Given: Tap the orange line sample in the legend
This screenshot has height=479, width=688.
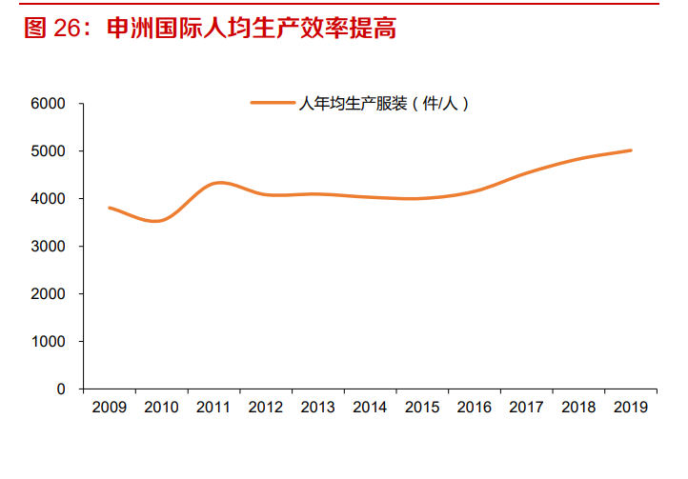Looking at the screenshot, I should (x=273, y=104).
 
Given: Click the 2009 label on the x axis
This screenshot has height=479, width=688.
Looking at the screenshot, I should (x=110, y=408).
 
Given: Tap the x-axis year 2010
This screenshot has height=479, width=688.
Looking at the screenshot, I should (x=161, y=408).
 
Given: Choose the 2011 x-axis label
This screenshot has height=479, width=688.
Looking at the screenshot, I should (x=213, y=408).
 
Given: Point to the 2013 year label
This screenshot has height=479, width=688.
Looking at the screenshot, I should (x=317, y=408).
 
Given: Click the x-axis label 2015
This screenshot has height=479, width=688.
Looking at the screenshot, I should (x=421, y=408).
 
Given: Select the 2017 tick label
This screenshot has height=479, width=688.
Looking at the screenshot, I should (x=525, y=408).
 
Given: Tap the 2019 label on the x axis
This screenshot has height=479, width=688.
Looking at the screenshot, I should (x=629, y=408).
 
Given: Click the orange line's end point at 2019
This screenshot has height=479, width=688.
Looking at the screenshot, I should (x=630, y=150).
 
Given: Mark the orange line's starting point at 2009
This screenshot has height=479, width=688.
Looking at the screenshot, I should (x=110, y=208).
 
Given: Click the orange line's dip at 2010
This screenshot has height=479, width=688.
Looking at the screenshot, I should (x=158, y=221).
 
